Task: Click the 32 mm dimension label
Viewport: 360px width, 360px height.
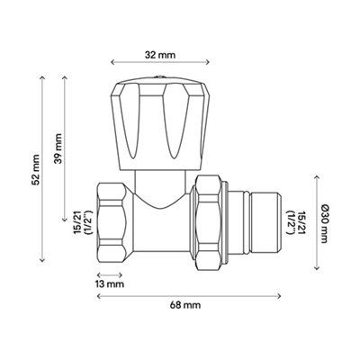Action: [x=160, y=55]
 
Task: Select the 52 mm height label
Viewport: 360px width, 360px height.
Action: [x=36, y=169]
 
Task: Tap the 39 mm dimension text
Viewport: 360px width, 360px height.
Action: [x=58, y=148]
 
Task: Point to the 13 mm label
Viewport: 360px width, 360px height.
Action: [x=110, y=283]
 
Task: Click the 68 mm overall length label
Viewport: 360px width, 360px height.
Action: [x=185, y=305]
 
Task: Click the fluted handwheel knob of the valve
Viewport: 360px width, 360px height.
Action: [x=160, y=124]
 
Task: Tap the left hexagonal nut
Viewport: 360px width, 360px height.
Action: [x=112, y=226]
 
